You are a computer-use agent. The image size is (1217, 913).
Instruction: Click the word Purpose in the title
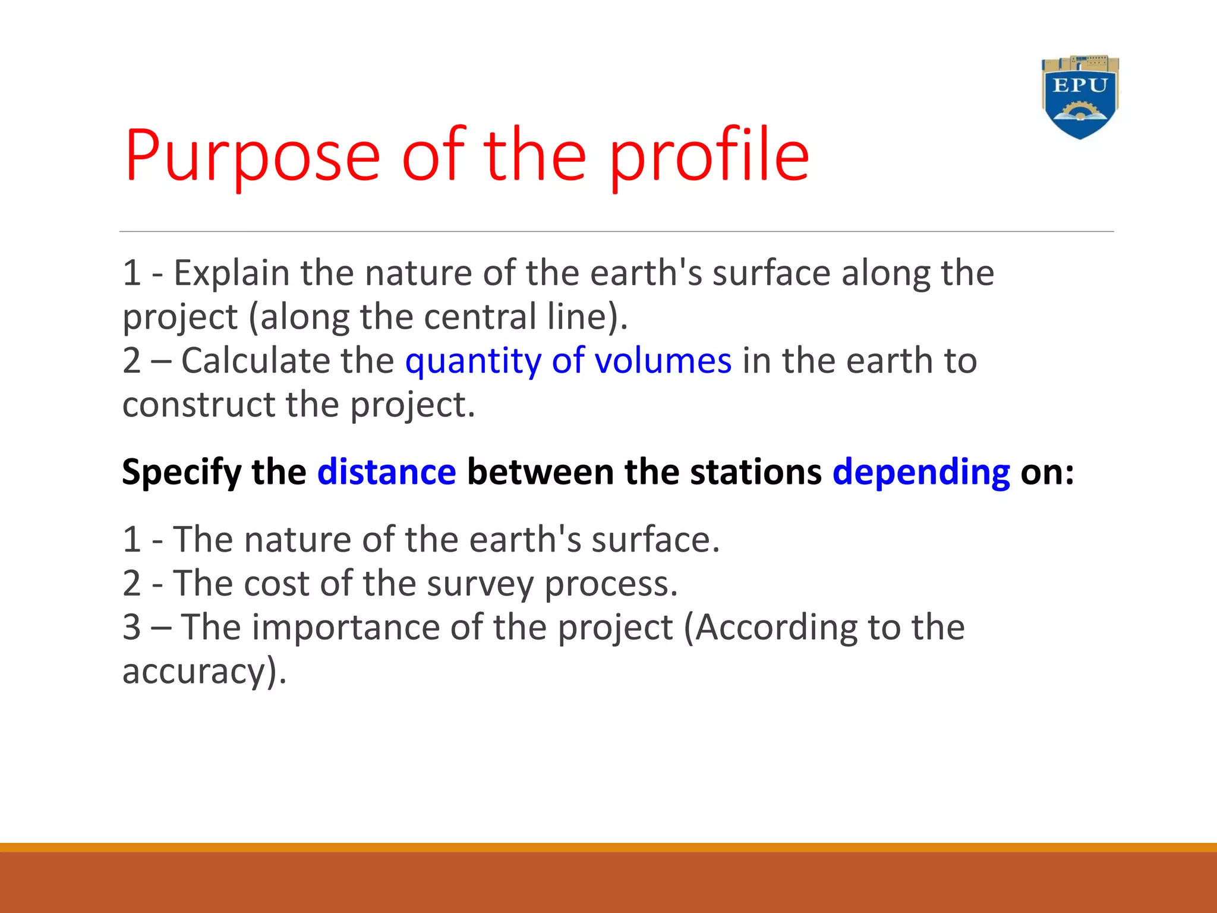252,156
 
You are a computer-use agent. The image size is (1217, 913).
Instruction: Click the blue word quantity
472,361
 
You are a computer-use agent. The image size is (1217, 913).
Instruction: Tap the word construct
198,405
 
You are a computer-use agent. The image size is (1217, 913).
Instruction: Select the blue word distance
386,473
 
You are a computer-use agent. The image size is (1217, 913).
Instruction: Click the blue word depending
920,473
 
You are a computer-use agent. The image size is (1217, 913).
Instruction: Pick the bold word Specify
181,473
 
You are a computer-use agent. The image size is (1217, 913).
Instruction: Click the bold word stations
755,473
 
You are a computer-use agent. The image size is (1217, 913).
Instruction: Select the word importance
345,628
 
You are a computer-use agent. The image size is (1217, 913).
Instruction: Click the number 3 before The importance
132,628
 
